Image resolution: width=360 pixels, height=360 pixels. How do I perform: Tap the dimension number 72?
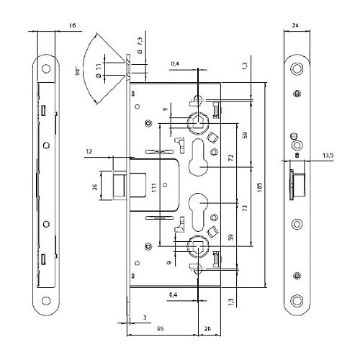(x=231, y=156)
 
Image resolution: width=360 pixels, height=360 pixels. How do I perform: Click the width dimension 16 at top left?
(x=71, y=25)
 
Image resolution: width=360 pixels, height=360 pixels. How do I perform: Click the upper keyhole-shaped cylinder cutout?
(x=197, y=158)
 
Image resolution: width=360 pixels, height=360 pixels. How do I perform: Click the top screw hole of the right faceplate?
(x=297, y=67)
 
